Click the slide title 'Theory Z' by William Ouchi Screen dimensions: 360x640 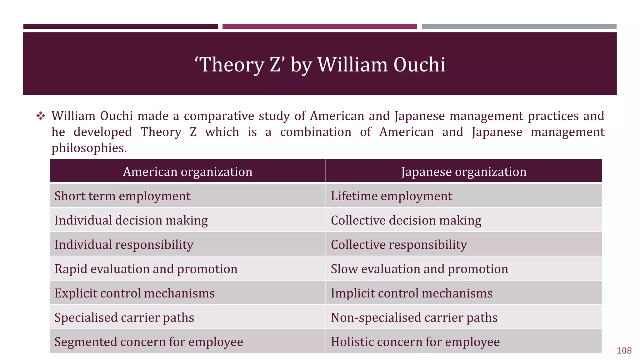320,65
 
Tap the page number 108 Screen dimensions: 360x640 624,351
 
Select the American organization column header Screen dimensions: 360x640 187,172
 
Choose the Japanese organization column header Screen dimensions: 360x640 464,172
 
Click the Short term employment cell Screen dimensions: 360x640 122,196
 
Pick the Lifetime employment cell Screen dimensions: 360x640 391,196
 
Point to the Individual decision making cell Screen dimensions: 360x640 131,220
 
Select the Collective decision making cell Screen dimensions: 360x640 406,220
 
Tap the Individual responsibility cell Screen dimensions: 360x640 124,245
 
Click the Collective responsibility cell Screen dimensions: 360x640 399,245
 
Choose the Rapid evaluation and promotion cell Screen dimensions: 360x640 146,269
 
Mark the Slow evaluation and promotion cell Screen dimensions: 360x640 419,269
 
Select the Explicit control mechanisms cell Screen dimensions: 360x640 135,293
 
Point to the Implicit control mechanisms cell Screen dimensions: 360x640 412,293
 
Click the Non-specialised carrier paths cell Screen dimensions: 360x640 414,317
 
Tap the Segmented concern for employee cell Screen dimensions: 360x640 149,342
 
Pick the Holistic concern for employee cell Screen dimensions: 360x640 415,342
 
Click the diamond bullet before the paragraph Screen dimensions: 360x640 41,116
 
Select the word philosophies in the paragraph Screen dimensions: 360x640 89,148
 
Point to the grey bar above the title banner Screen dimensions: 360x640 519,27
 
